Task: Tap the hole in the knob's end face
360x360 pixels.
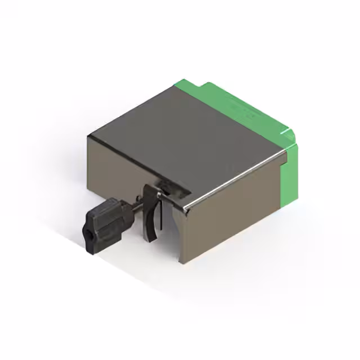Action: click(x=89, y=232)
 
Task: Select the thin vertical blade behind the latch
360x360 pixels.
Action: click(x=161, y=217)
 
